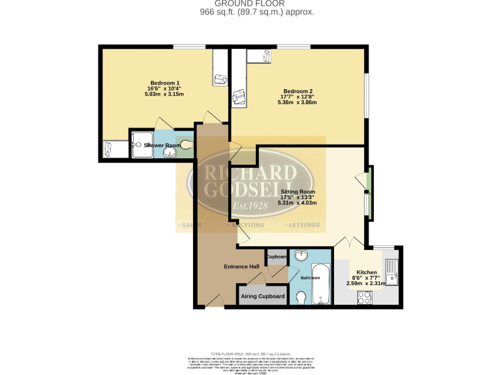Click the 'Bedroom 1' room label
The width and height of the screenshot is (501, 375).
tap(165, 83)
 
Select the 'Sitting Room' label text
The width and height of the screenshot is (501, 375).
tap(297, 192)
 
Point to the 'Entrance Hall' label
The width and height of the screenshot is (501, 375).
tap(242, 266)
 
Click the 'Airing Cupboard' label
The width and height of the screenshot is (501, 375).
tap(263, 296)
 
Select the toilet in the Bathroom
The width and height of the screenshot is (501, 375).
tap(301, 298)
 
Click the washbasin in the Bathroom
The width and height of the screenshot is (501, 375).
tap(301, 256)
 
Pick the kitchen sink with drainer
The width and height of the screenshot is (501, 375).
tap(391, 270)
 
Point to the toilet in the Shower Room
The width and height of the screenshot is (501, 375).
tap(187, 145)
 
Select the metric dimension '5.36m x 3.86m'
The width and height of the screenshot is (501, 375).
tap(297, 103)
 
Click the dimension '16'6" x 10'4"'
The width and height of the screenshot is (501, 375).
tap(165, 89)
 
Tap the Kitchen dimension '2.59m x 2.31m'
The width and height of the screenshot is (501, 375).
tap(367, 284)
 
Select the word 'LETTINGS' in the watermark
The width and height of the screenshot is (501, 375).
tap(303, 225)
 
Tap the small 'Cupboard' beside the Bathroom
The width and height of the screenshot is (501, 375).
tap(277, 257)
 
